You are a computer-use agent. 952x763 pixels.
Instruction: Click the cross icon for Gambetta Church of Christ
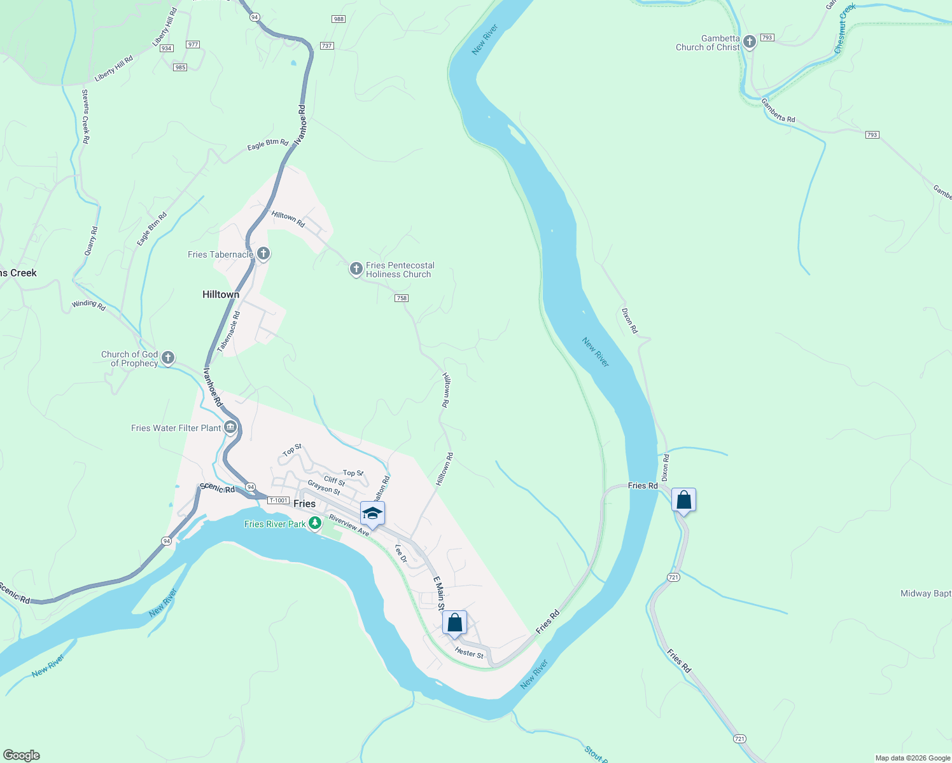click(750, 43)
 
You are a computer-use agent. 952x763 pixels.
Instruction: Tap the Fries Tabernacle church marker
click(263, 254)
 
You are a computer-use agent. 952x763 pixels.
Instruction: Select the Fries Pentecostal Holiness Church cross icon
click(356, 269)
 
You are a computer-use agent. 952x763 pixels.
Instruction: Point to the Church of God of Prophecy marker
click(168, 358)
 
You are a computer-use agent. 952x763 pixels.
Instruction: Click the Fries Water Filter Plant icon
click(230, 427)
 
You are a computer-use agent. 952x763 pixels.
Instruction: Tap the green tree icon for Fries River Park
click(314, 523)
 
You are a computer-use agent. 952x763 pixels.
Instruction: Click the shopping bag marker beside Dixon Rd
click(683, 500)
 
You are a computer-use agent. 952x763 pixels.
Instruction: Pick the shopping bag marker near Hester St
click(454, 622)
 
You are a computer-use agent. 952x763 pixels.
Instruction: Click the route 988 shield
click(339, 19)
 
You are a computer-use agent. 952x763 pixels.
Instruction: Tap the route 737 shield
click(326, 46)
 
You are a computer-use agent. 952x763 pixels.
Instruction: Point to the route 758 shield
click(402, 298)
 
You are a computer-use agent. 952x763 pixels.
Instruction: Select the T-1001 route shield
click(278, 500)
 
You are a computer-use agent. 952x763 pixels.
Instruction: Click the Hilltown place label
click(221, 294)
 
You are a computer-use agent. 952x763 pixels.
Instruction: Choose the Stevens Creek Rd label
click(85, 116)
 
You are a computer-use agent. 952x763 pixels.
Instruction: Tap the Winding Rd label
click(88, 305)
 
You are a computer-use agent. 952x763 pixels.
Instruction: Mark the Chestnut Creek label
click(845, 29)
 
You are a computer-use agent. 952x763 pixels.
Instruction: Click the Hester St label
click(469, 653)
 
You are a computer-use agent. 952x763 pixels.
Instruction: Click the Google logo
click(22, 755)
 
